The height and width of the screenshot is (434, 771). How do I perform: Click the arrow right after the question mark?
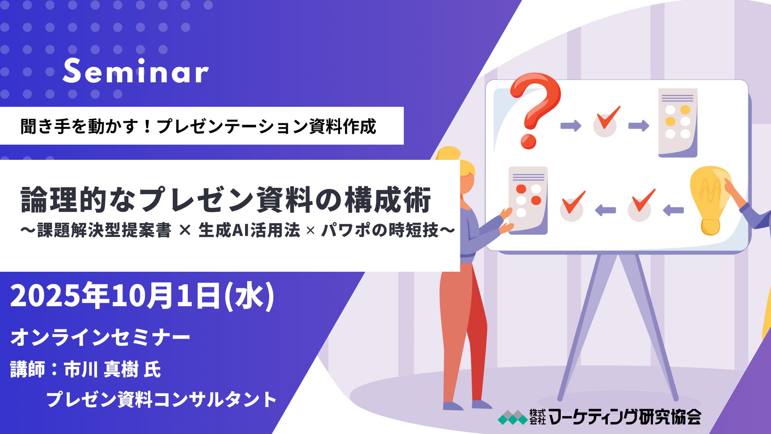tap(571, 126)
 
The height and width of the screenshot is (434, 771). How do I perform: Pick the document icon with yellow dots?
tap(678, 123)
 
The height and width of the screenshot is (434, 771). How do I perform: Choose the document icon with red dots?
tap(528, 200)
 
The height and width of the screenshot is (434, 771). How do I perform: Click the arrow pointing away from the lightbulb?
tap(673, 210)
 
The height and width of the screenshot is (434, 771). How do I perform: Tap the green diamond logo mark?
tap(513, 418)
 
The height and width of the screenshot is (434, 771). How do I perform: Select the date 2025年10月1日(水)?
tap(142, 296)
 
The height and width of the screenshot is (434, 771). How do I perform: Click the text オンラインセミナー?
tap(100, 337)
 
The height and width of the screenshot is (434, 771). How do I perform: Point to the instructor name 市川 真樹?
tap(101, 370)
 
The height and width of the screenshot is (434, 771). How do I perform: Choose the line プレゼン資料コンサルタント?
tap(161, 399)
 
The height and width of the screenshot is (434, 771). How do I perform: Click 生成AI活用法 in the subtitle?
tap(249, 230)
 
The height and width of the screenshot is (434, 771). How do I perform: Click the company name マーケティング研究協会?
tap(625, 417)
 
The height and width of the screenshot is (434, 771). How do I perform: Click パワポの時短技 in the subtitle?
tap(380, 230)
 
